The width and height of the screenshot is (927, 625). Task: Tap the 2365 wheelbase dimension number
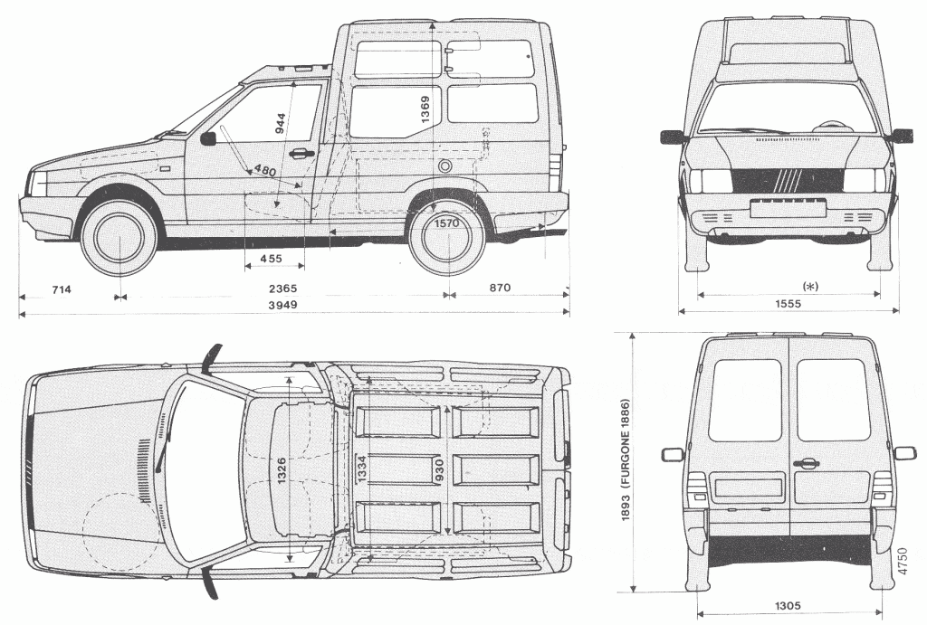coord(282,289)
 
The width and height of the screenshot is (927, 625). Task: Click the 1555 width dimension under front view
coord(788,304)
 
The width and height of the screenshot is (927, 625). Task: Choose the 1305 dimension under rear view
coord(788,607)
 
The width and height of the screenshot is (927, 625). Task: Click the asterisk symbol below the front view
coord(810,286)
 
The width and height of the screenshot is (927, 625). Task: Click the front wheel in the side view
coord(119,237)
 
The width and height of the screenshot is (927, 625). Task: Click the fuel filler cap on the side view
coord(445,167)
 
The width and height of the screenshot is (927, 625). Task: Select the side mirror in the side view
coord(208,138)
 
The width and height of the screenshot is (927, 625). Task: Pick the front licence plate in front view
coord(788,210)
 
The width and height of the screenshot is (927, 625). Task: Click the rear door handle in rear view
coord(804,463)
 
